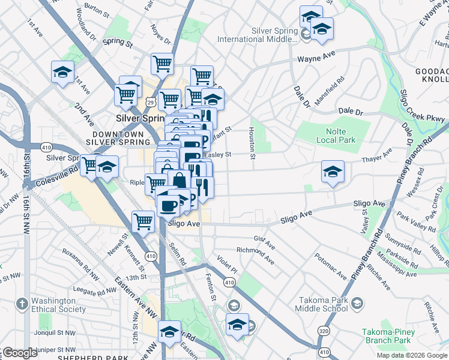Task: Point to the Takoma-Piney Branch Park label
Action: click(x=387, y=336)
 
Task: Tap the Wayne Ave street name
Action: click(x=316, y=59)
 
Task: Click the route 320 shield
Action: click(x=324, y=331)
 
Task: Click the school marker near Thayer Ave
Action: click(x=333, y=172)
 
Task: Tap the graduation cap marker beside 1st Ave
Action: click(x=62, y=73)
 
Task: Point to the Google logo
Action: click(x=20, y=353)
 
